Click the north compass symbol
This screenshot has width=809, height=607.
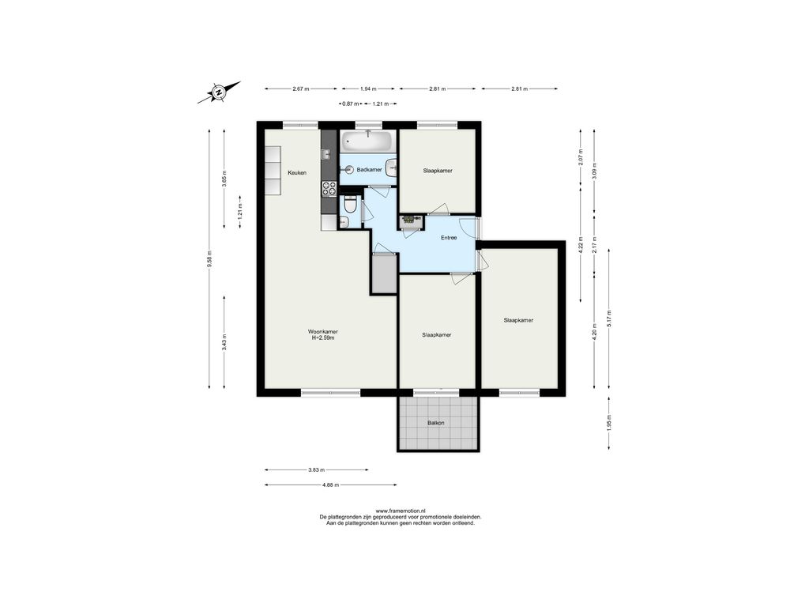click(x=219, y=92)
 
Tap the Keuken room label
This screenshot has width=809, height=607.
click(x=297, y=173)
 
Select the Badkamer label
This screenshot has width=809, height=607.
click(x=370, y=169)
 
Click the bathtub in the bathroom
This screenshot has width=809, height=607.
click(x=367, y=140)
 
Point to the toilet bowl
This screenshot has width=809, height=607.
click(x=350, y=206)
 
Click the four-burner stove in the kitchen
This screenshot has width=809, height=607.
click(x=329, y=189)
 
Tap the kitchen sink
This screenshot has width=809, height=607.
click(x=325, y=154)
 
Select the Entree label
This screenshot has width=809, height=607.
click(x=449, y=238)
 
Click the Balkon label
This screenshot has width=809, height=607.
click(x=436, y=423)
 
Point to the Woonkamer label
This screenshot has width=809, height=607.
click(x=323, y=331)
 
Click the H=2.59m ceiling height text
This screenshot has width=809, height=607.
click(x=323, y=338)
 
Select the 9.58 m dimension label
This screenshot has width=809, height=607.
click(x=209, y=258)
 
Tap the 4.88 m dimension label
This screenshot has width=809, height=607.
click(x=330, y=484)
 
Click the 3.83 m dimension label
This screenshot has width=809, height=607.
click(x=316, y=469)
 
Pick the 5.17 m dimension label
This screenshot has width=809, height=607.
click(x=609, y=319)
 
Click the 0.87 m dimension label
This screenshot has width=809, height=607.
click(x=351, y=104)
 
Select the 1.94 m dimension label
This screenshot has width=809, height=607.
click(x=368, y=89)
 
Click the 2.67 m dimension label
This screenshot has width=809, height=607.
click(x=301, y=89)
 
